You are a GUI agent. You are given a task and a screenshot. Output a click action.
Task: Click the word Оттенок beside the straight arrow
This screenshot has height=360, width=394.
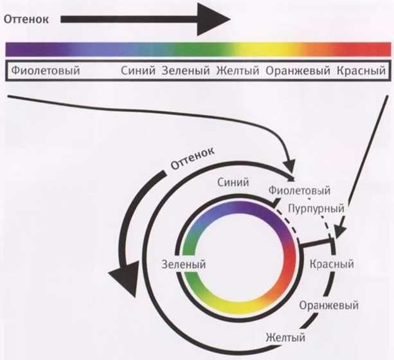point(26,19)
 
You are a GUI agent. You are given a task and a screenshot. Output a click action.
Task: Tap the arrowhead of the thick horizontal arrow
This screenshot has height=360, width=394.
point(213,19)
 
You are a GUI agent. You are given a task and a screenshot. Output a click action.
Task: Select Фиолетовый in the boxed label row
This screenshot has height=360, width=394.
point(46,70)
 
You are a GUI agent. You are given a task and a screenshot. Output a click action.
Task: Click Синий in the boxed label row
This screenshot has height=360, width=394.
point(138,70)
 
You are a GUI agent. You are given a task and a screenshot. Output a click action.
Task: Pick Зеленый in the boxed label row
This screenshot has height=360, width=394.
point(186,70)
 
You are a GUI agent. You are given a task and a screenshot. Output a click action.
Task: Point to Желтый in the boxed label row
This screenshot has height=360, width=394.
point(238,70)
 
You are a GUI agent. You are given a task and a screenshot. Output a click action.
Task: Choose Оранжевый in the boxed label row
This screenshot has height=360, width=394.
point(298,70)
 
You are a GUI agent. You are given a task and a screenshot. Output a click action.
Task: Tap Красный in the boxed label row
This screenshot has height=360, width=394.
point(361,70)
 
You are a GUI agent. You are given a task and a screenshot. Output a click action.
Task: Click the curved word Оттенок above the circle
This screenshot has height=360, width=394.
point(193,158)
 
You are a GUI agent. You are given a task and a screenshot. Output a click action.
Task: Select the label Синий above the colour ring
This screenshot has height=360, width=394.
point(233,183)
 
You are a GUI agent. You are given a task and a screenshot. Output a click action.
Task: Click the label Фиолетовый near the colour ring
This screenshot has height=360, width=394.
point(300,190)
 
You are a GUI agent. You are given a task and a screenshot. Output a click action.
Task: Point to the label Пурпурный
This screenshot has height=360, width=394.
point(316,208)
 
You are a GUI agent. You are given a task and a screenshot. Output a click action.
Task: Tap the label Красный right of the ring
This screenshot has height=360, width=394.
point(332,264)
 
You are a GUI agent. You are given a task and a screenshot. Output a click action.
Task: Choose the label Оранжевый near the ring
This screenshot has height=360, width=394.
point(329,306)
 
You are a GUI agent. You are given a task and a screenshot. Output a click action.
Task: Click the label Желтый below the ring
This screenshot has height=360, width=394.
point(285,337)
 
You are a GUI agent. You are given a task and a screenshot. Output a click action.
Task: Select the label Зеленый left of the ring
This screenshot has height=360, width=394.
point(184,264)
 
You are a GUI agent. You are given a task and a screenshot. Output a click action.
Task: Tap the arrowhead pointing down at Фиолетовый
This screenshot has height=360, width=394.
point(291,166)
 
